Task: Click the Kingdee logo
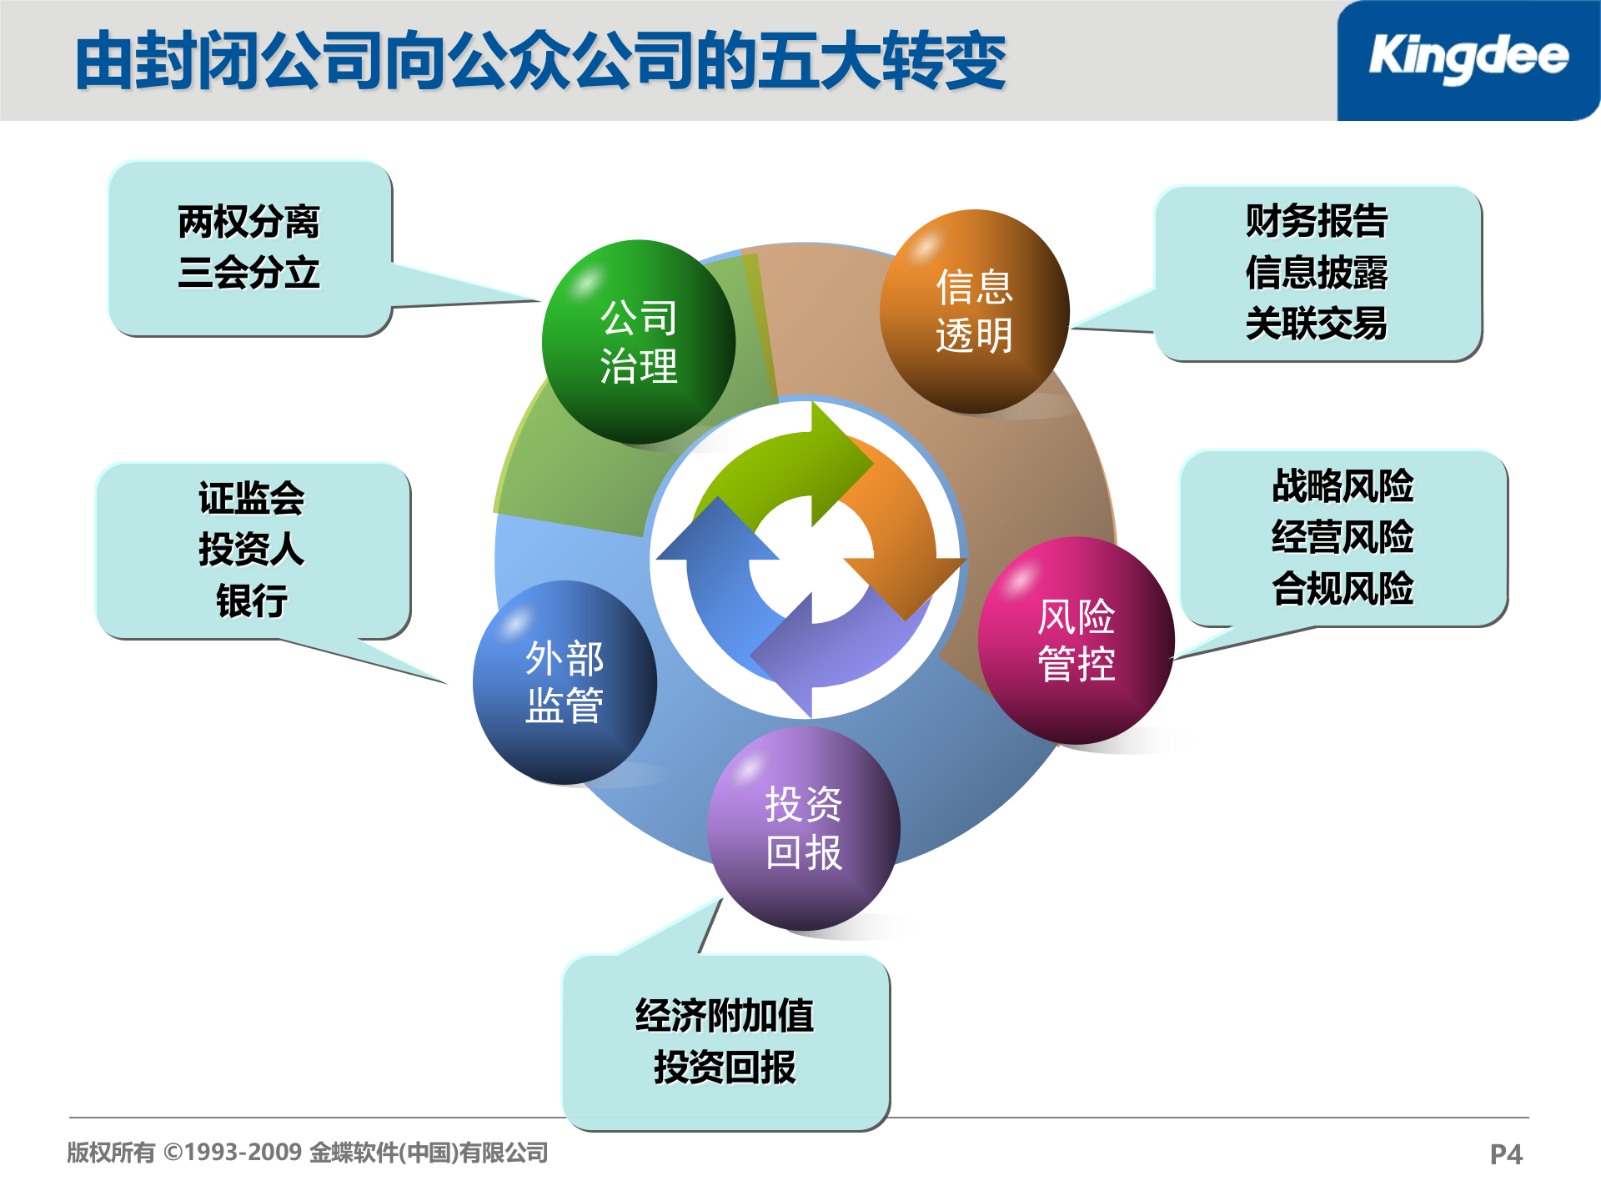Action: (x=1468, y=58)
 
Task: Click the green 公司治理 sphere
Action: (x=639, y=342)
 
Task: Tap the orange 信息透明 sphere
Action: (x=974, y=311)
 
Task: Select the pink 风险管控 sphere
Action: (x=1076, y=640)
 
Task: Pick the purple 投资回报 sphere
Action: (x=803, y=828)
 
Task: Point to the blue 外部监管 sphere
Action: (x=565, y=681)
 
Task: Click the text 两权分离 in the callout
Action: (x=248, y=222)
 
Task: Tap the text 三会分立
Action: (x=248, y=273)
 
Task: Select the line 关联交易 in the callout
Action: (x=1316, y=324)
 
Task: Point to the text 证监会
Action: (x=251, y=498)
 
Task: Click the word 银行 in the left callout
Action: (x=251, y=600)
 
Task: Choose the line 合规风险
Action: (x=1343, y=588)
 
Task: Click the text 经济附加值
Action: (x=724, y=1016)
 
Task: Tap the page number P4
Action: (x=1506, y=1154)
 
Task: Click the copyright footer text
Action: (x=307, y=1153)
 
